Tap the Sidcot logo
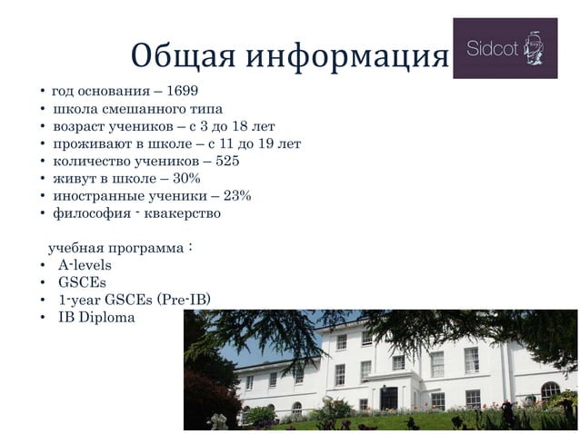[x=505, y=48]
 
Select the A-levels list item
[x=85, y=265]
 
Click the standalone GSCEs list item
[x=81, y=282]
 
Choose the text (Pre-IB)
[x=185, y=300]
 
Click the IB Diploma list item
[x=96, y=318]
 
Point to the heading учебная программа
[x=113, y=248]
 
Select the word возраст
[x=77, y=126]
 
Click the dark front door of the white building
[x=390, y=397]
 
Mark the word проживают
[x=87, y=144]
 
